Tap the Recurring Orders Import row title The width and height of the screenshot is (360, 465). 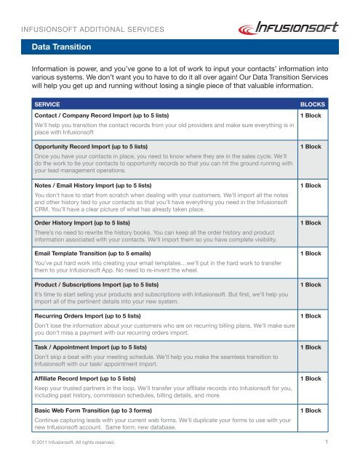pyautogui.click(x=92, y=317)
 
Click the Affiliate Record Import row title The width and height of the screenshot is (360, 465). pyautogui.click(x=92, y=379)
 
